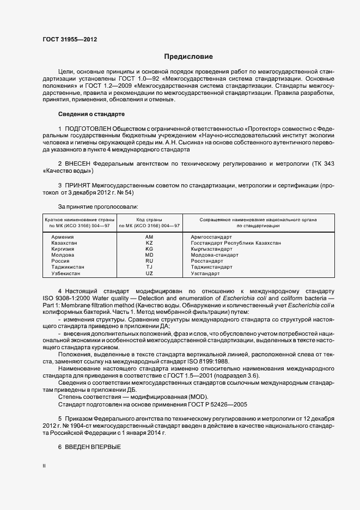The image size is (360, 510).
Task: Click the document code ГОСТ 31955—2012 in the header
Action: tap(70, 39)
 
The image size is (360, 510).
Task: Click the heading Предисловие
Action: tap(188, 57)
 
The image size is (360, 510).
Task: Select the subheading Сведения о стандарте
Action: tap(91, 114)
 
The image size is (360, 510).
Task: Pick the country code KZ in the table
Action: tap(149, 243)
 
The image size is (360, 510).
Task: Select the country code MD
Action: tap(149, 255)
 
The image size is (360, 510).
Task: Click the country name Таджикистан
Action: tap(68, 267)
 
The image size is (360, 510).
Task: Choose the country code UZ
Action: tap(149, 273)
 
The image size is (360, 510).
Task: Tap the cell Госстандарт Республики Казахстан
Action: tap(236, 243)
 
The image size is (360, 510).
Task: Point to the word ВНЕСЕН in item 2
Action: tap(78, 164)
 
